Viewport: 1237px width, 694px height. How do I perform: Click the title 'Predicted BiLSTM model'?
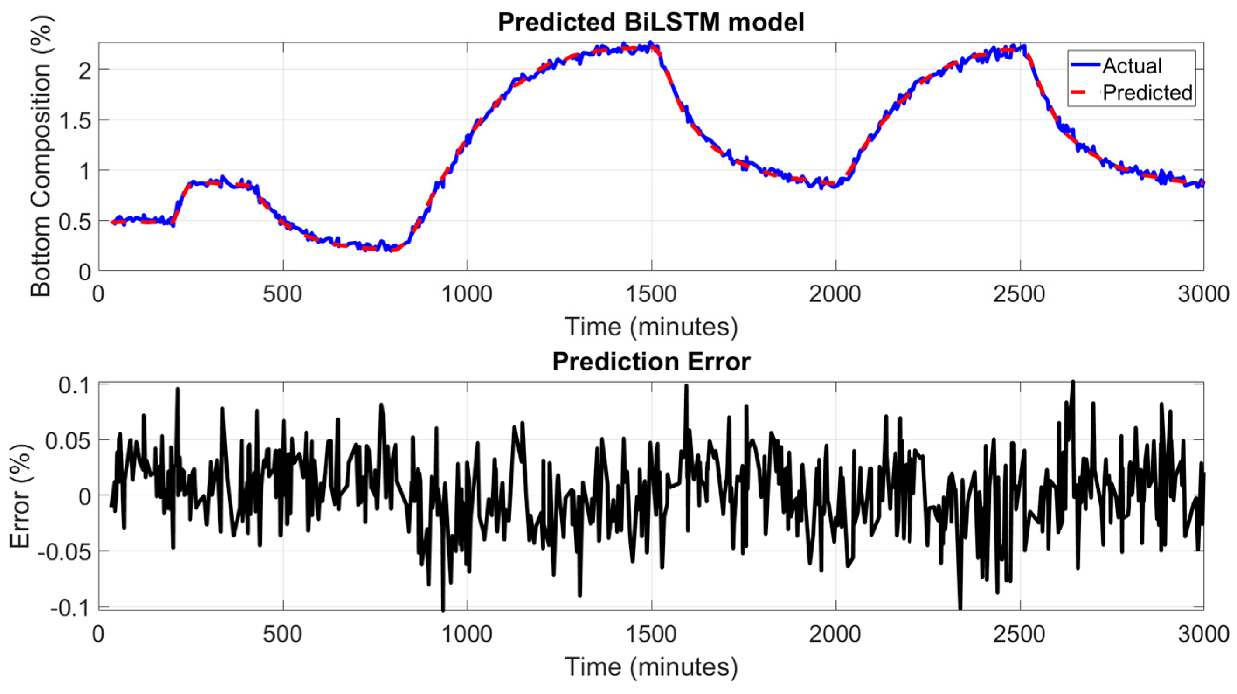click(x=651, y=22)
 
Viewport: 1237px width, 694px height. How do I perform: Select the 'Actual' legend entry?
click(x=1132, y=66)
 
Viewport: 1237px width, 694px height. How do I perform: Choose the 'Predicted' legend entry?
click(x=1147, y=92)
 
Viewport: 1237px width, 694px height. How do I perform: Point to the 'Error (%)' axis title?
click(x=20, y=496)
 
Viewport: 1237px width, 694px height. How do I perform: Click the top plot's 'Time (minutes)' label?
click(x=651, y=327)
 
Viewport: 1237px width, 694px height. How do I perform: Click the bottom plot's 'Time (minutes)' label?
click(x=651, y=666)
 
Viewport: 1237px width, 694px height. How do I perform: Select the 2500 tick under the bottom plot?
click(x=1019, y=635)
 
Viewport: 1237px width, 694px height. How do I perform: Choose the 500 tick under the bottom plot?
click(x=283, y=635)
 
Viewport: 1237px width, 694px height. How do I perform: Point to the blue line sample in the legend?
click(x=1085, y=66)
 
